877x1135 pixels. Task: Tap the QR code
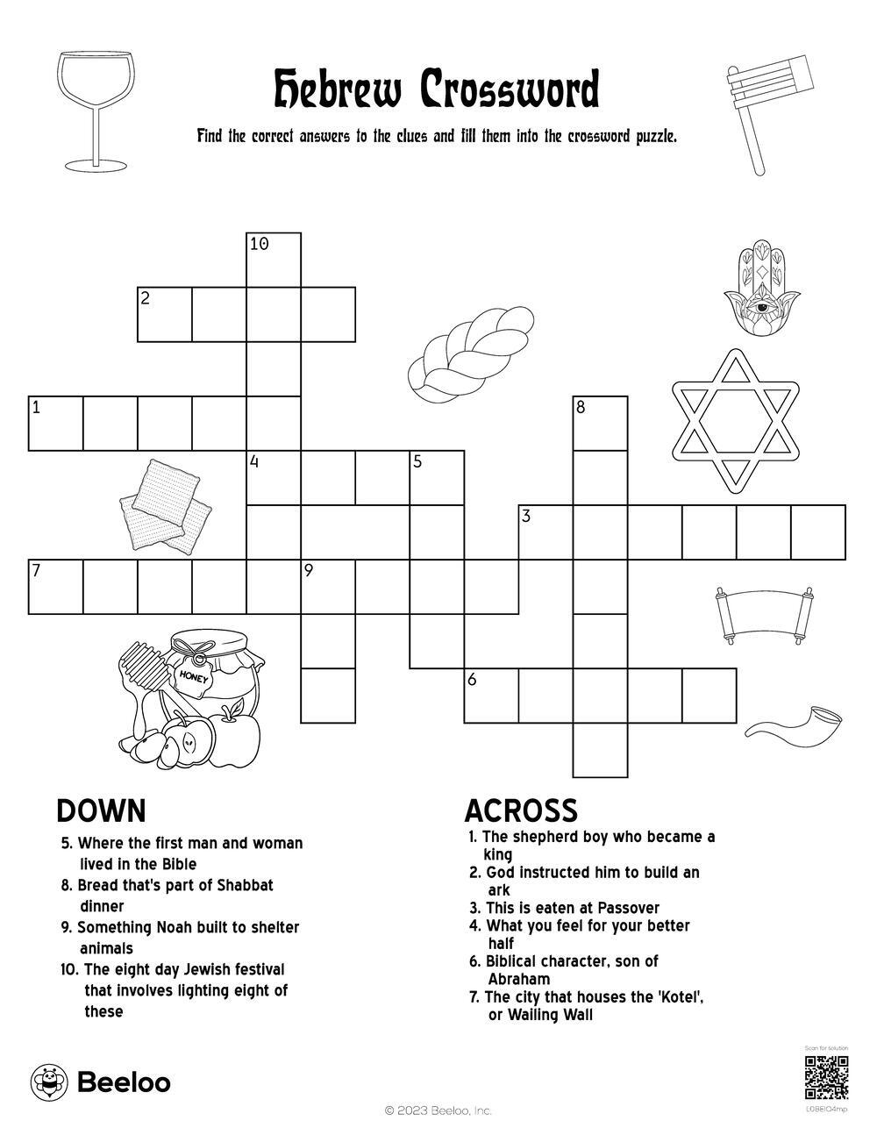point(826,1078)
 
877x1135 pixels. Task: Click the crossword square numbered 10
point(274,260)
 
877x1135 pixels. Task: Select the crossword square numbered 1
point(56,423)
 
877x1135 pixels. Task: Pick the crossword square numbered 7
point(56,586)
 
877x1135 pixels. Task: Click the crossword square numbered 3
point(545,532)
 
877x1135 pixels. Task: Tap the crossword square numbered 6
point(491,696)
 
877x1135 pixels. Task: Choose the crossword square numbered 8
point(601,423)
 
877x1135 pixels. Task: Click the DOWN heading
point(101,810)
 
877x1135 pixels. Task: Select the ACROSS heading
point(521,810)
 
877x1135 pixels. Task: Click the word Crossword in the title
point(509,89)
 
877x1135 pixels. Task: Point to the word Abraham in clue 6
point(519,979)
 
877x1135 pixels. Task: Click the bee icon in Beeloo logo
point(49,1082)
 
